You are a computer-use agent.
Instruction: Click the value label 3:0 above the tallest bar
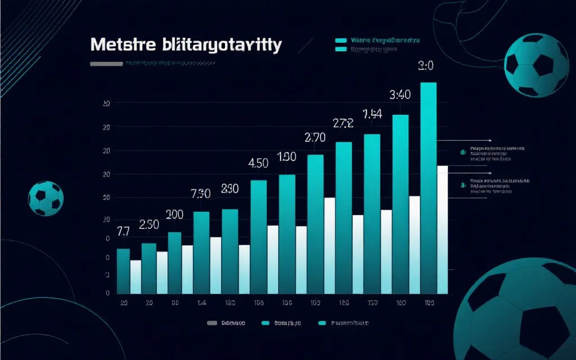coord(426,66)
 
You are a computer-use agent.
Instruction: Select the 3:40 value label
coord(400,94)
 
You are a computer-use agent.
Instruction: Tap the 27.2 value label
coord(343,124)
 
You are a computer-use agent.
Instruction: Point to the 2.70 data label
coord(315,137)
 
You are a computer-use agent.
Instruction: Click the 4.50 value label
coord(258,164)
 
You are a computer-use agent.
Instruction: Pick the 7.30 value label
coord(201,194)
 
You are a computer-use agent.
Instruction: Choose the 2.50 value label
coord(148,224)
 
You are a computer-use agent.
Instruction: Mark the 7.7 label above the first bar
coord(123,231)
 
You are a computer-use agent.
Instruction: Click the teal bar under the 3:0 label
coord(429,186)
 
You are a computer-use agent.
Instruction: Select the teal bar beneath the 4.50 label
coord(258,236)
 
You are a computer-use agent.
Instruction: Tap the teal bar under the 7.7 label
coord(123,271)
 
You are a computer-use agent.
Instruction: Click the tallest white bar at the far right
coord(442,229)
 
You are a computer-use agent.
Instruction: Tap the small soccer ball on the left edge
coord(46,199)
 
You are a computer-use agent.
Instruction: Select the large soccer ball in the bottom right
coord(517,312)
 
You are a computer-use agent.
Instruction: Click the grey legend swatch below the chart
coord(211,323)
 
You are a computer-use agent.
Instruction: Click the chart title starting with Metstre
coord(185,46)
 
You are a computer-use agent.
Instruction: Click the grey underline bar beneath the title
coord(106,64)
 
